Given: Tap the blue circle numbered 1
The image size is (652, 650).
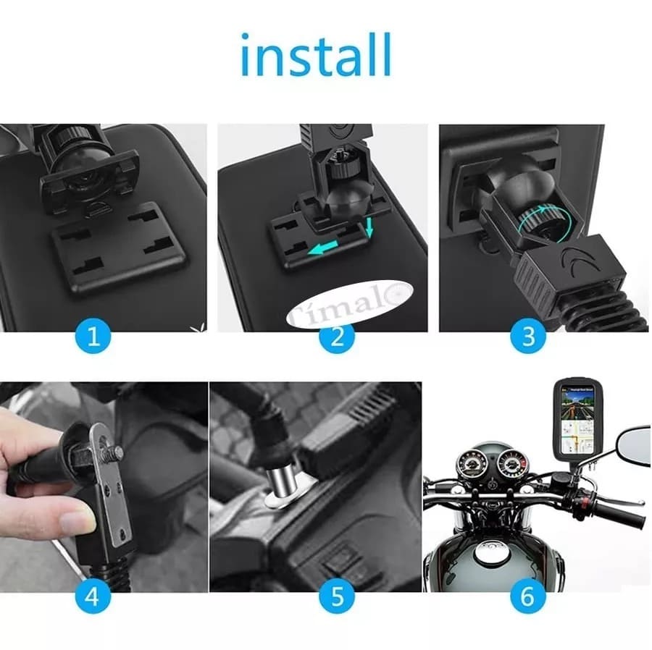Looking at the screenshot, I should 92,337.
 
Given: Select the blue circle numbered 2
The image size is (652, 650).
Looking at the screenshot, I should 337,337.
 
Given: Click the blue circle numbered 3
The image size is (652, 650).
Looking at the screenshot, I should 527,337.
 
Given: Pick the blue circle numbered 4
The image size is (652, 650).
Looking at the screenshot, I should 92,597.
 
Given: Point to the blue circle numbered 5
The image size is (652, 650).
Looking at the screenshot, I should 337,597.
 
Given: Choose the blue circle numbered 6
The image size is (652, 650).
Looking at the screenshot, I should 527,597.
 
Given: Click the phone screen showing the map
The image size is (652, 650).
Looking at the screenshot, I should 577,420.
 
